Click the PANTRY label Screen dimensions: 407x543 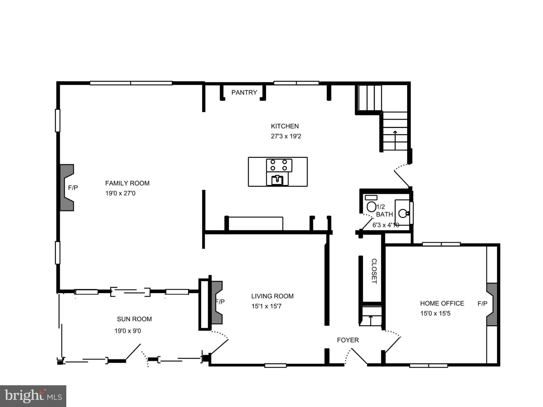click(244, 92)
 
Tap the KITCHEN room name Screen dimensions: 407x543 click(285, 126)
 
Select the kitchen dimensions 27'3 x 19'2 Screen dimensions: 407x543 click(286, 136)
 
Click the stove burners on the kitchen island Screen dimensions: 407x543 click(279, 165)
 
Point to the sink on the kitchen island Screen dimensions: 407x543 click(277, 180)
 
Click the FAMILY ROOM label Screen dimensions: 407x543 click(127, 183)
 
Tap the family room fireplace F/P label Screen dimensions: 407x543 click(73, 188)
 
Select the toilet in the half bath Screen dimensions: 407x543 click(371, 206)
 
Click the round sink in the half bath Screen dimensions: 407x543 click(403, 213)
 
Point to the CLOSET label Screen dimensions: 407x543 click(374, 271)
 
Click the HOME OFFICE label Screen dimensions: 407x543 click(442, 303)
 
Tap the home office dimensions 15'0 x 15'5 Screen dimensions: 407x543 click(435, 313)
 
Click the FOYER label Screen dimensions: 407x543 click(348, 340)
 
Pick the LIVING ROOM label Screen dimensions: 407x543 click(272, 296)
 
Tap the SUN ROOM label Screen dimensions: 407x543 click(134, 319)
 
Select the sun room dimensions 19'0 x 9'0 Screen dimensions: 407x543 click(128, 331)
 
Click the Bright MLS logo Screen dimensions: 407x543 click(33, 396)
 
